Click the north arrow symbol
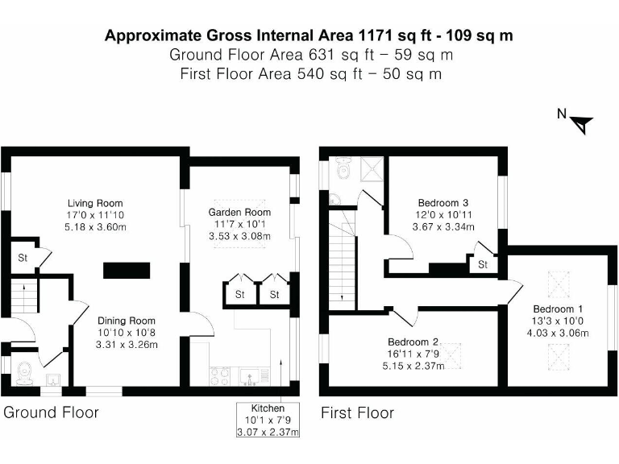(x=581, y=123)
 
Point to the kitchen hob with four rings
(x=221, y=375)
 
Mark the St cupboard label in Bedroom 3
(x=483, y=264)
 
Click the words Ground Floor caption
(x=51, y=413)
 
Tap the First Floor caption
(x=358, y=413)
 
